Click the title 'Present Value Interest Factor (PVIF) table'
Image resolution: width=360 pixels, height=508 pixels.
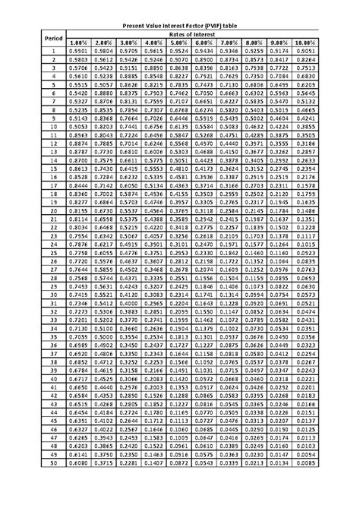[179, 26]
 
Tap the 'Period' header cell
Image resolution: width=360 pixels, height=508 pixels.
[53, 38]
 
